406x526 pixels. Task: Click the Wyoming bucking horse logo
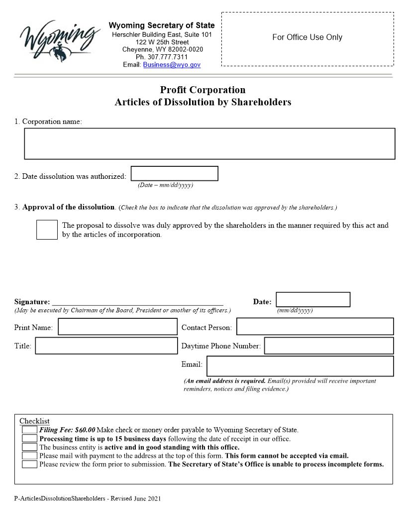(x=57, y=39)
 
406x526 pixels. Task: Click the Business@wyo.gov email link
(x=172, y=65)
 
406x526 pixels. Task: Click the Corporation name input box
(x=209, y=143)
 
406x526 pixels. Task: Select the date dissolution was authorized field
(x=174, y=173)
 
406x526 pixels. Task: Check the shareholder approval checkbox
(x=47, y=230)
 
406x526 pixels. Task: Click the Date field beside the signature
(x=313, y=299)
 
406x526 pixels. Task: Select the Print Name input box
(x=117, y=327)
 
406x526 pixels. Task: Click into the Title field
(x=106, y=346)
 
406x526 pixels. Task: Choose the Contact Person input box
(x=315, y=327)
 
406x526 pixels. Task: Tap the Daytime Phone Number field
(x=328, y=346)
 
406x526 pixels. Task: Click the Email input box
(x=300, y=366)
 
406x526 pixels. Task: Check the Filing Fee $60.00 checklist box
(x=29, y=429)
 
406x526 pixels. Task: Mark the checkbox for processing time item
(x=29, y=438)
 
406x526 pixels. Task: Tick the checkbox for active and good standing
(x=29, y=447)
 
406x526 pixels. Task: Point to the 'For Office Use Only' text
(x=307, y=37)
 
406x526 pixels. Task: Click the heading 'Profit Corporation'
(x=203, y=90)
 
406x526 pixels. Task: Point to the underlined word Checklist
(x=34, y=421)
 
